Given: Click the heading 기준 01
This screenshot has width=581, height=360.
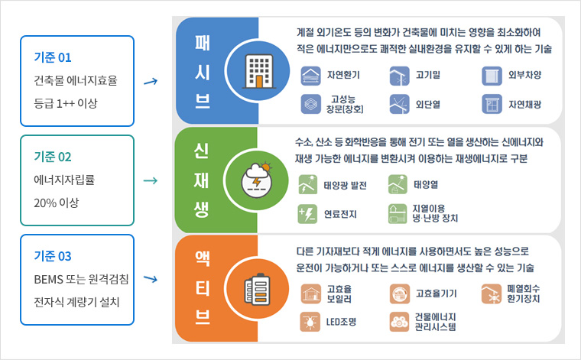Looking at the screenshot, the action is [x=53, y=57].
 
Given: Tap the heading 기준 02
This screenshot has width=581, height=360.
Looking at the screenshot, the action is [x=53, y=157].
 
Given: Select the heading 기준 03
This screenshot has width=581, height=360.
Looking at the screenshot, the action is [x=53, y=256].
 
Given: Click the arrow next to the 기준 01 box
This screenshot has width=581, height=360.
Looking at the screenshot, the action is [x=151, y=82].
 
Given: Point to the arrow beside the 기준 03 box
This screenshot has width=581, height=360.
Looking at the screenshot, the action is [x=151, y=278].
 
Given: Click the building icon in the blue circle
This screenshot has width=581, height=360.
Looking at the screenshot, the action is [x=259, y=72].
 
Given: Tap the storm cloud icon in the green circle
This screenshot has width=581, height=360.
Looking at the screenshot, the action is [x=257, y=180].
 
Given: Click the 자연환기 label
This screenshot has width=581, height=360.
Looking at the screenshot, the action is [x=343, y=75].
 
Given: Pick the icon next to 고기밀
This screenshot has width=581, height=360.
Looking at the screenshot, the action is [x=399, y=76].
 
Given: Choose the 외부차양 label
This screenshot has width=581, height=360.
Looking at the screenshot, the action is [x=524, y=75].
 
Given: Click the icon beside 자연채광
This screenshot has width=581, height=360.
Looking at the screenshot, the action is [x=492, y=104].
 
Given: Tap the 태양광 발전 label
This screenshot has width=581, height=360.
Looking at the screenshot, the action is [x=345, y=185].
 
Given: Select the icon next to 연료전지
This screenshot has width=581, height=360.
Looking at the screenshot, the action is [x=307, y=214].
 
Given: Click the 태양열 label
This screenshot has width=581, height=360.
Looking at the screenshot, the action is [x=426, y=184].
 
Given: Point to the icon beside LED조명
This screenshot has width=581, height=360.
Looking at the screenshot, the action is [x=310, y=322].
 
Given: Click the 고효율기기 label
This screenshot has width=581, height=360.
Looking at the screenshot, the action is [x=436, y=294].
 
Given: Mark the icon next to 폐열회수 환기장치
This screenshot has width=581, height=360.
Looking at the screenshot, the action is [x=492, y=294].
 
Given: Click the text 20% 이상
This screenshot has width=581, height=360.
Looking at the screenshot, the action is [x=57, y=203].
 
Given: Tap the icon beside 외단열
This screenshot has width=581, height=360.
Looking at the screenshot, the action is [x=399, y=104].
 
